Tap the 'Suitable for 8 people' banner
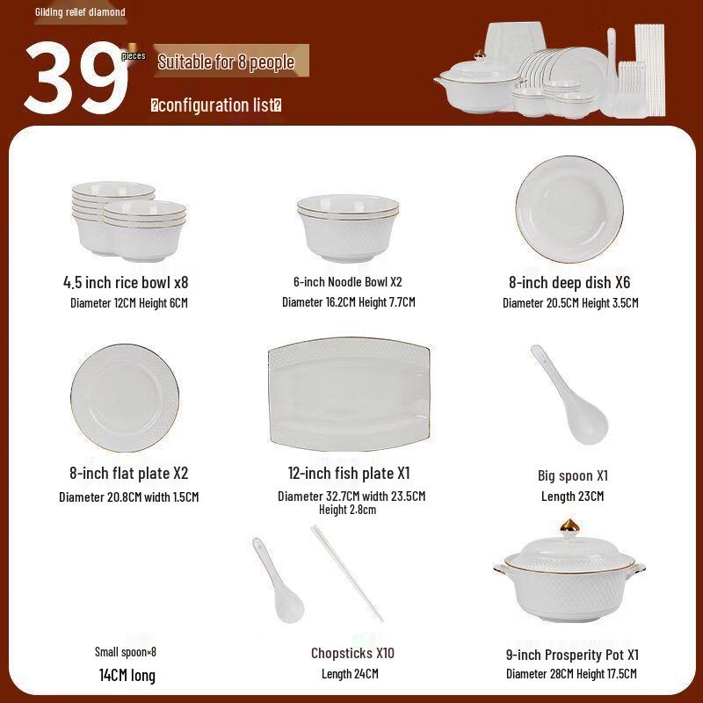click(226, 62)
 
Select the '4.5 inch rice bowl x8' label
click(126, 282)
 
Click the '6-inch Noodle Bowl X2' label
click(348, 282)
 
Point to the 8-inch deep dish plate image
click(569, 208)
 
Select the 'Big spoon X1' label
click(573, 475)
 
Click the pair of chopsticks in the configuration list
click(347, 573)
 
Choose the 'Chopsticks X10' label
click(352, 653)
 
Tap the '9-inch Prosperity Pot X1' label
click(572, 655)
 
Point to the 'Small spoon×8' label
click(126, 652)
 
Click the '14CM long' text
click(127, 675)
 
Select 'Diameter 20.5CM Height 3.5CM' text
click(570, 303)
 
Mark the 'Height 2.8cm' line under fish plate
click(347, 510)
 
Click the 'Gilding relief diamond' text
click(80, 12)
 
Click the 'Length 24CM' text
click(350, 674)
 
